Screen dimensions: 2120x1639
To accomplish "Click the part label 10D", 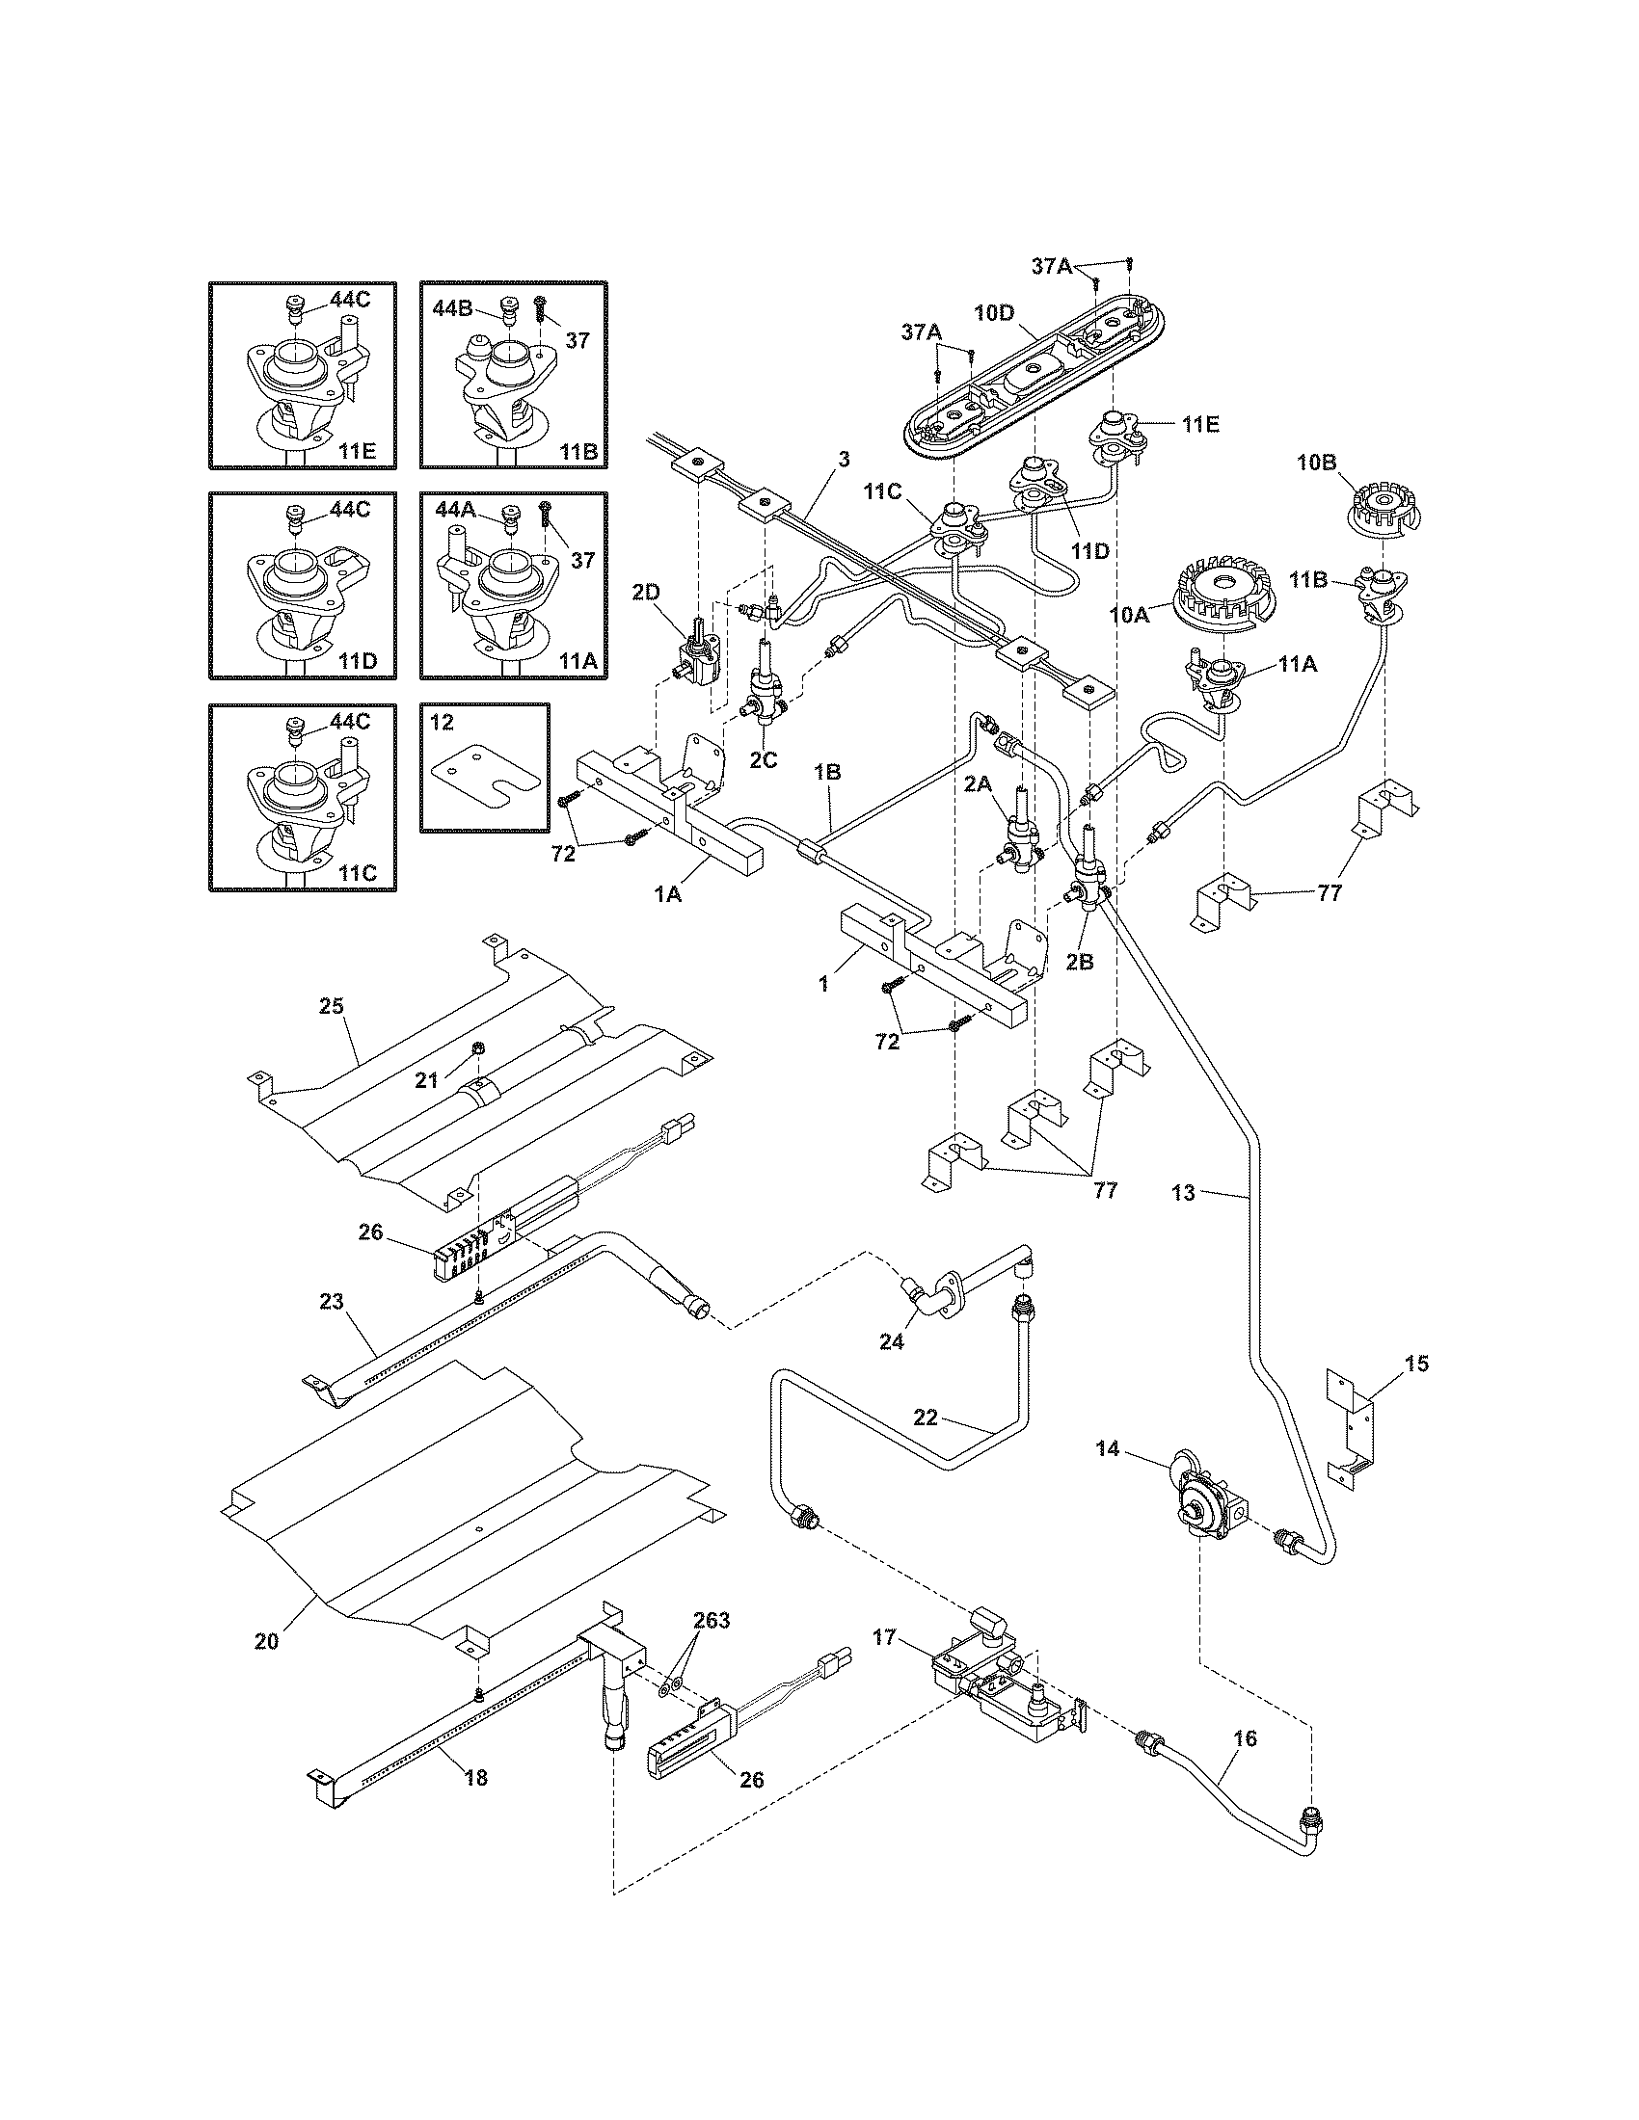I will [x=994, y=312].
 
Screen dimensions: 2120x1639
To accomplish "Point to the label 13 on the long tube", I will [x=1183, y=1193].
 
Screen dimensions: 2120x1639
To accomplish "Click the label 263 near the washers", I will [x=712, y=1620].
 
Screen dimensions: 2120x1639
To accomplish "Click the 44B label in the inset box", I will [x=453, y=309].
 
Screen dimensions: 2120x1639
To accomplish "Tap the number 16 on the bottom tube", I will [x=1244, y=1737].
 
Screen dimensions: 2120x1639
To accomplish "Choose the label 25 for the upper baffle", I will [x=332, y=1006].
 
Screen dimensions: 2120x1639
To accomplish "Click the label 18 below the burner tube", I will [x=475, y=1777].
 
